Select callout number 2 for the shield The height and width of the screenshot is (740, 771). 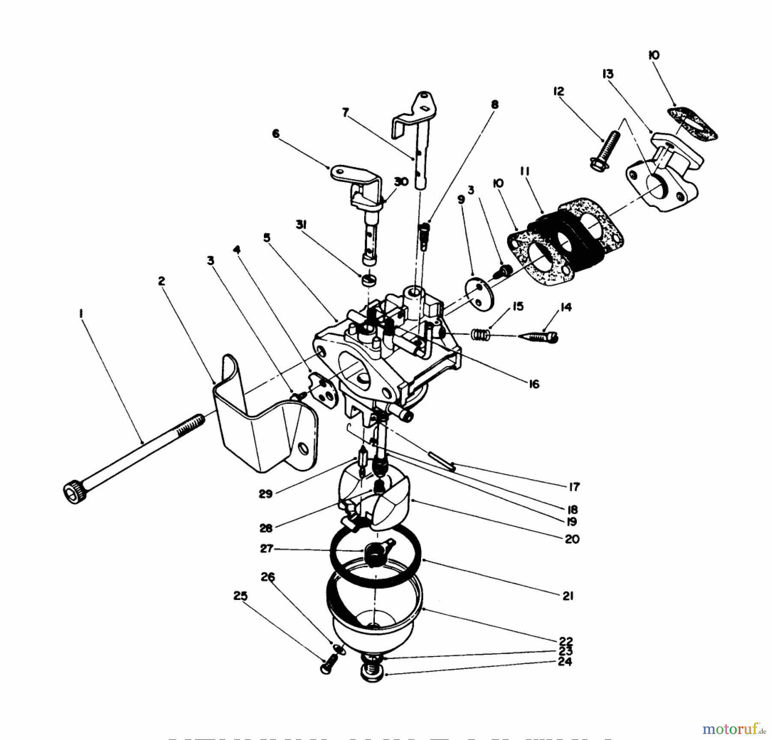point(161,281)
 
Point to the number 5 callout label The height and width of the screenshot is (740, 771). point(267,238)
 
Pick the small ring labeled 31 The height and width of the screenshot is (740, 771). point(368,281)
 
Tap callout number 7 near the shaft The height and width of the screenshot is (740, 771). point(345,113)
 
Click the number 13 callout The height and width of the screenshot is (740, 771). point(607,74)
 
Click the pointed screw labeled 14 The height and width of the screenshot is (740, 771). point(538,337)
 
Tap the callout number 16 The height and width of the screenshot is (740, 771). point(534,384)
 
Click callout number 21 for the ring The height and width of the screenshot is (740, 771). point(568,596)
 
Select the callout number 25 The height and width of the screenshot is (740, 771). point(240,596)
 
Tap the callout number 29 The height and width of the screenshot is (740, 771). point(266,494)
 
